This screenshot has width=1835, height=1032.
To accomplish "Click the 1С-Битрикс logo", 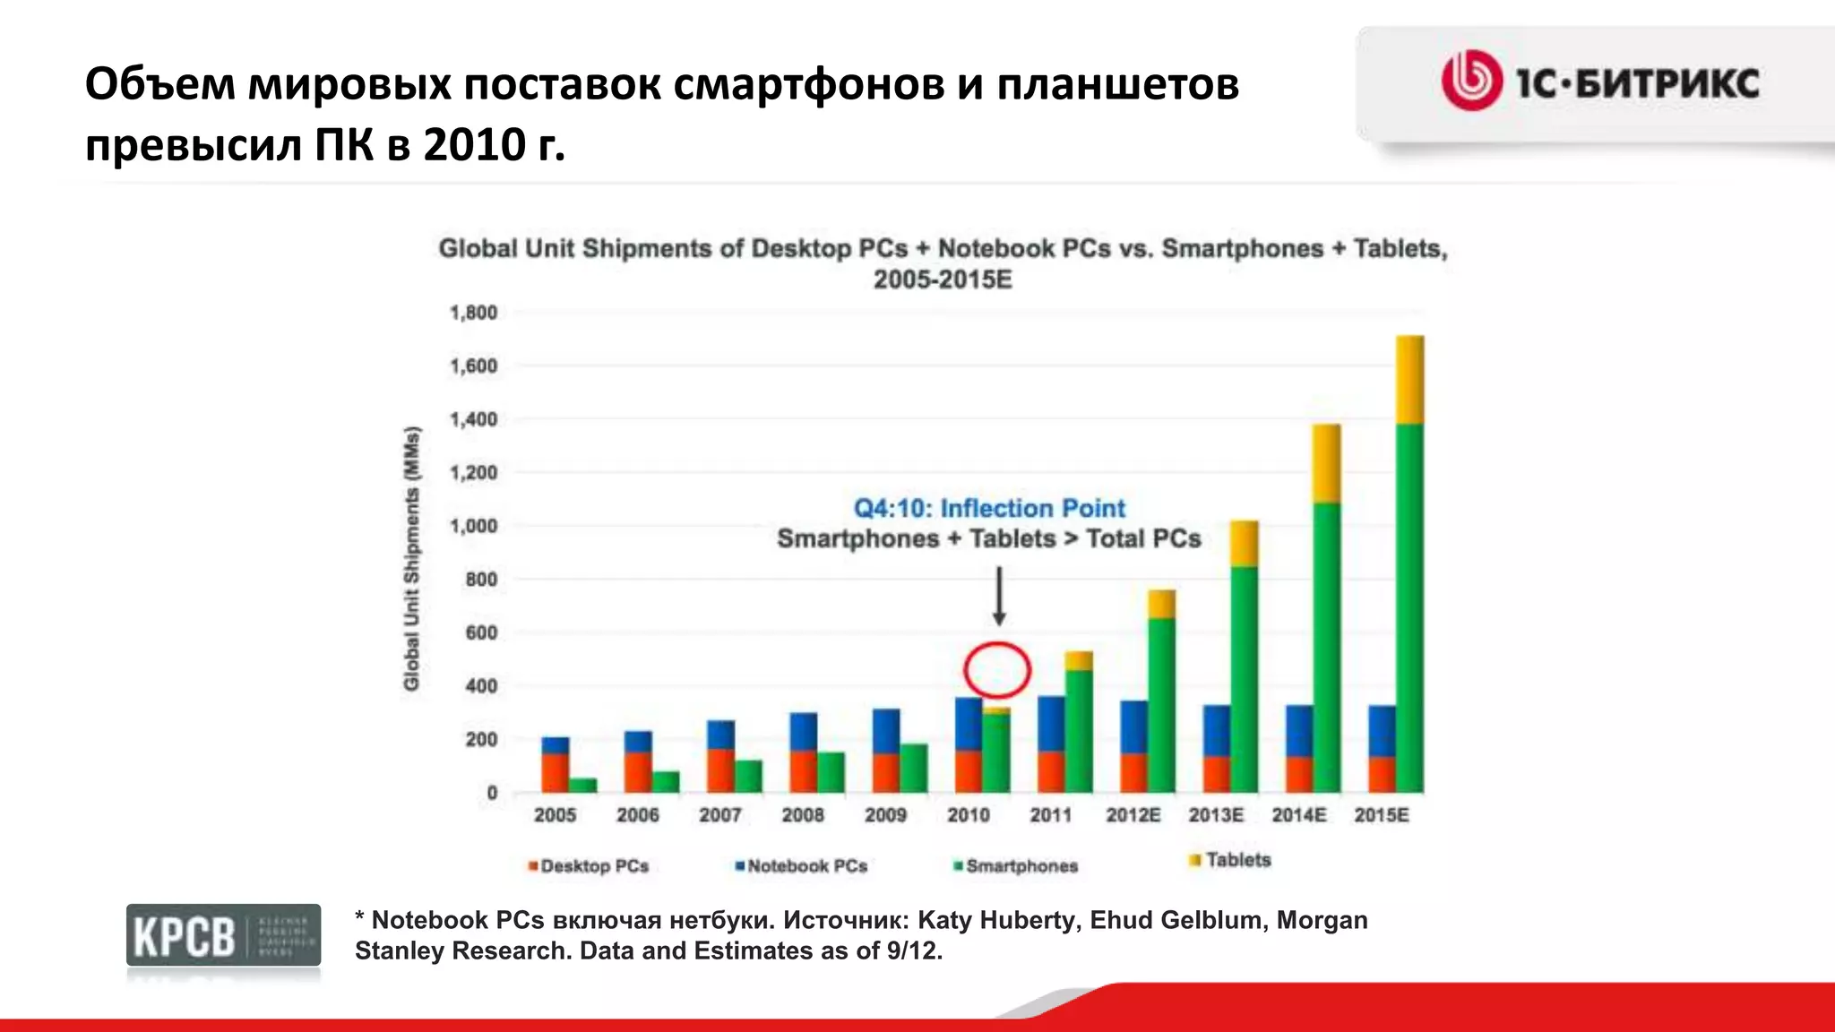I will click(x=1600, y=82).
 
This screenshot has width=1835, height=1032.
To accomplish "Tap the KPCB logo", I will click(x=223, y=935).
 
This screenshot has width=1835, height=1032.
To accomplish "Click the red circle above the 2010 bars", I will click(x=997, y=670).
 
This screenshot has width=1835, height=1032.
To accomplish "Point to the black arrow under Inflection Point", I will click(x=999, y=596).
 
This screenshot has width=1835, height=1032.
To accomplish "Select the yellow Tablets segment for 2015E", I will click(x=1409, y=380).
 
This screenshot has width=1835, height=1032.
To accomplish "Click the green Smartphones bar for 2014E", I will click(x=1327, y=647).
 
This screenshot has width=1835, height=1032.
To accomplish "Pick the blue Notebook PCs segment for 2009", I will click(x=885, y=731).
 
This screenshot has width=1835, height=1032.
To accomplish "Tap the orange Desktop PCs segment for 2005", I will click(x=556, y=772).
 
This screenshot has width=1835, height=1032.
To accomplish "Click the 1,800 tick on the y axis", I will click(x=473, y=313).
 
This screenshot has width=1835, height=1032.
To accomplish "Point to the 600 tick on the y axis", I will click(x=480, y=632).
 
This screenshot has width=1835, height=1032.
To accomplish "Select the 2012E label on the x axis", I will click(x=1133, y=815).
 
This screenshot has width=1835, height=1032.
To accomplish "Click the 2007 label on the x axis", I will click(x=720, y=815).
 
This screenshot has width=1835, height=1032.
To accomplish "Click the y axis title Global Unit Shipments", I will click(x=411, y=558).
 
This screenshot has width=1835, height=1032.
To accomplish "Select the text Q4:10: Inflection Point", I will click(x=988, y=508).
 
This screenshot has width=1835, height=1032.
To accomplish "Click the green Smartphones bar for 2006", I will click(x=666, y=781).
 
